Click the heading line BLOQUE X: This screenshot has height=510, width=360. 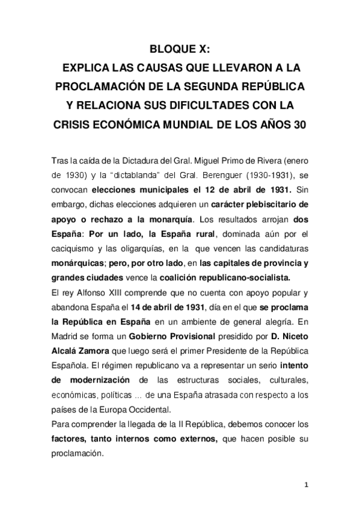180,51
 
